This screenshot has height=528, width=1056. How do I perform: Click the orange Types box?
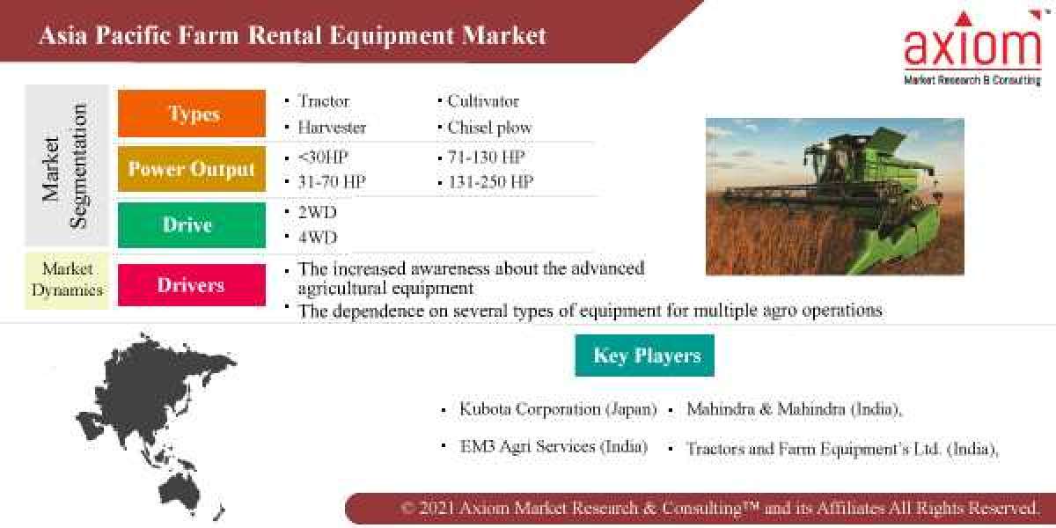click(192, 114)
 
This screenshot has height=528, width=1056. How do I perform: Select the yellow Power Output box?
click(192, 169)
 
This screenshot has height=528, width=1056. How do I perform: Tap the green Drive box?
click(192, 225)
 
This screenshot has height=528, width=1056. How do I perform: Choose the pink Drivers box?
click(192, 285)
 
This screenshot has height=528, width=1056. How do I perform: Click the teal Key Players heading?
click(644, 356)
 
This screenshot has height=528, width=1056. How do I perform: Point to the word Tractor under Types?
click(323, 101)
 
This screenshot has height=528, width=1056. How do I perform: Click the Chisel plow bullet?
click(489, 128)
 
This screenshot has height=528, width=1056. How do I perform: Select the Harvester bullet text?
click(332, 128)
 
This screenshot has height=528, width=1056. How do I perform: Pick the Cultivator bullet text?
click(483, 101)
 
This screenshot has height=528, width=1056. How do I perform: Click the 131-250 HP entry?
click(490, 182)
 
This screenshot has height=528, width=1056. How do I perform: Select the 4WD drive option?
click(317, 238)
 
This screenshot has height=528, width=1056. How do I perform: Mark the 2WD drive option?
click(317, 213)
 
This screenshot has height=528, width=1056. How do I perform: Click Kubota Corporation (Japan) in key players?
click(558, 409)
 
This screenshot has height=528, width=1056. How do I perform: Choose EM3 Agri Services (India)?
click(554, 447)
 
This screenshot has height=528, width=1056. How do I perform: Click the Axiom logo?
click(972, 48)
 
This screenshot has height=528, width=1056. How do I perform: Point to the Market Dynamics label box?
click(67, 280)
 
